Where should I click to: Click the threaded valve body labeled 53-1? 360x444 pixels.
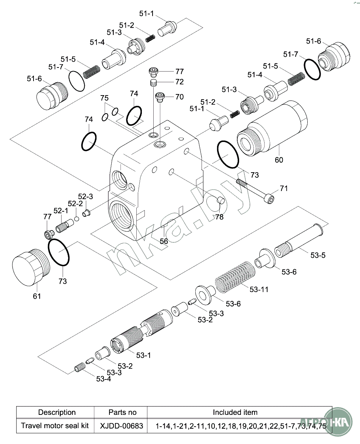click(x=142, y=330)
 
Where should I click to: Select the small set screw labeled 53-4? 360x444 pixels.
click(x=80, y=368)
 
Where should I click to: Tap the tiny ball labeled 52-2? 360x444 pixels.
click(x=77, y=219)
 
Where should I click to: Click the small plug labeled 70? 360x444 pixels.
click(x=160, y=97)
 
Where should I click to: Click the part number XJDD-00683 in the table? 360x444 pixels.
click(x=122, y=426)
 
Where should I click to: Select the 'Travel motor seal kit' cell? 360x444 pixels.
click(x=55, y=426)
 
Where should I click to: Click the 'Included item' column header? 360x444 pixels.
click(x=235, y=412)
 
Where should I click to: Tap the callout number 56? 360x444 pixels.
click(x=164, y=241)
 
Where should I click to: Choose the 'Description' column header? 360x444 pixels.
click(x=57, y=412)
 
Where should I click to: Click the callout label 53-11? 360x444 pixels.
click(x=259, y=289)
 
